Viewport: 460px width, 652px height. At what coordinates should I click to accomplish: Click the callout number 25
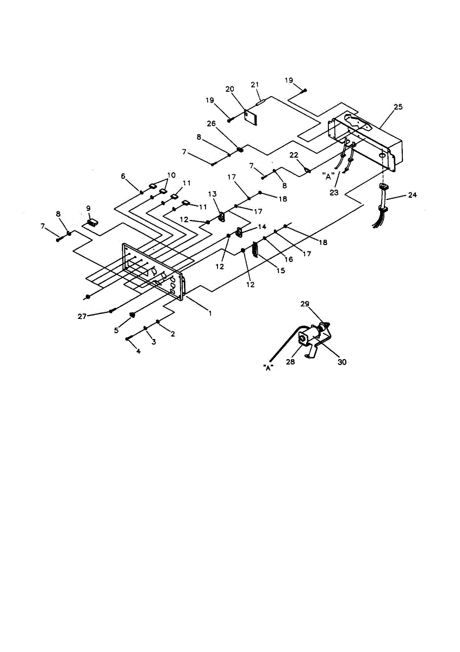398,107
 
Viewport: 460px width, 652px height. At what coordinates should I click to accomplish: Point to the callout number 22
294,155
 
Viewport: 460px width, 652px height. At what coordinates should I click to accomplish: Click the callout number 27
82,315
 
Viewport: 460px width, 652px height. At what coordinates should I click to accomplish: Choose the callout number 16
289,260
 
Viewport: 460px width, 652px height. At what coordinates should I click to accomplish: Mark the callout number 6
123,176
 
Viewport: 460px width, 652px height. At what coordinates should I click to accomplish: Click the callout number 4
138,352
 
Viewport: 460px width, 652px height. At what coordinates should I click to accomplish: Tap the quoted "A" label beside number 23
327,175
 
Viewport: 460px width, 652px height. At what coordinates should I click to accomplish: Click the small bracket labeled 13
222,217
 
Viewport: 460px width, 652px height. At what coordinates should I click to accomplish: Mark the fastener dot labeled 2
158,322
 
